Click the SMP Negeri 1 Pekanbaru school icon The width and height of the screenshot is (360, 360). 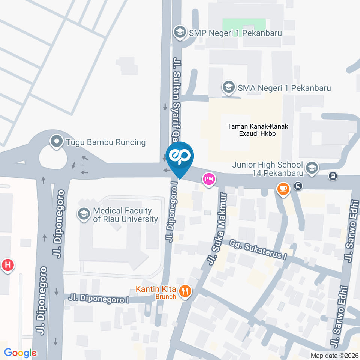coord(180,33)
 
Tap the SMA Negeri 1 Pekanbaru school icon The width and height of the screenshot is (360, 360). coord(228,88)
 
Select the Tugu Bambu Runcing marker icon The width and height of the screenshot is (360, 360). coord(57,142)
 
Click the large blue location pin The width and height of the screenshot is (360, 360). coord(180,157)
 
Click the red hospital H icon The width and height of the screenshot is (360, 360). coord(8,265)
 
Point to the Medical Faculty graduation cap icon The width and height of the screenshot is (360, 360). coord(84,214)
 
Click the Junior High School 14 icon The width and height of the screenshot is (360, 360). coord(312,168)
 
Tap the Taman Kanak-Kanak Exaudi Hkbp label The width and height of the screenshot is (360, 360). coord(258,130)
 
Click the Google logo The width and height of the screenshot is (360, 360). coord(20,352)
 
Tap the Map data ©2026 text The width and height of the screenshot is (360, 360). coord(334,355)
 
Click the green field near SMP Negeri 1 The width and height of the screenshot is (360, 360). coord(244,25)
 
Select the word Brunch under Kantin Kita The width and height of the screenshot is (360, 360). coord(166,297)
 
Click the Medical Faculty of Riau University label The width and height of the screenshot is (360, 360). coord(125,215)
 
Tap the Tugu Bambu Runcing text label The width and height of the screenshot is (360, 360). coord(105,142)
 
